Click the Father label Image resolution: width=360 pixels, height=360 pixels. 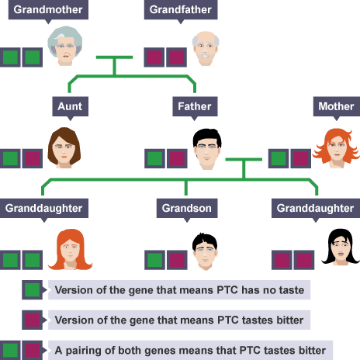(193, 106)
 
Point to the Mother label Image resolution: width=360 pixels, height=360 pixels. (335, 106)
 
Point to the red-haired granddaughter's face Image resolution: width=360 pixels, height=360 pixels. (71, 251)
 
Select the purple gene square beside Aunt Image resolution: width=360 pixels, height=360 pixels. (33, 158)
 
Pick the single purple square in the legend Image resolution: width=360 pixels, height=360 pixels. (33, 320)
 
